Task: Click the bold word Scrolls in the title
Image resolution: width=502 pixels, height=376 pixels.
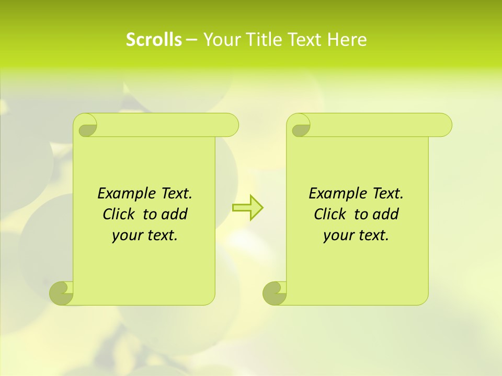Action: pos(154,40)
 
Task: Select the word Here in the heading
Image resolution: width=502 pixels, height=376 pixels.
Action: pos(347,40)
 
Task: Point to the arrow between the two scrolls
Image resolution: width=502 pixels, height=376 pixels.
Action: pos(247,207)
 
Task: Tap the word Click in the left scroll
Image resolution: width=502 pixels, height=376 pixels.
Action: pos(118,215)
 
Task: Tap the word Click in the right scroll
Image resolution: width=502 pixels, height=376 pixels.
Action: pos(329,215)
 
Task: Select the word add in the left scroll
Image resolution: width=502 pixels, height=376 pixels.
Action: pos(175,215)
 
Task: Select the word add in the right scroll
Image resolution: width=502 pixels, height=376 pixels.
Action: pos(386,215)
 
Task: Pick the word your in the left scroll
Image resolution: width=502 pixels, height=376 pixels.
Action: pos(127,236)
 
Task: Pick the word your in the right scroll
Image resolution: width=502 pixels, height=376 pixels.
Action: pos(338,236)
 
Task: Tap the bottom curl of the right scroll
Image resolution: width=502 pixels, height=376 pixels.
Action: pos(274,293)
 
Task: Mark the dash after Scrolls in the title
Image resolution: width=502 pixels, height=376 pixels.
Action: pos(191,40)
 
